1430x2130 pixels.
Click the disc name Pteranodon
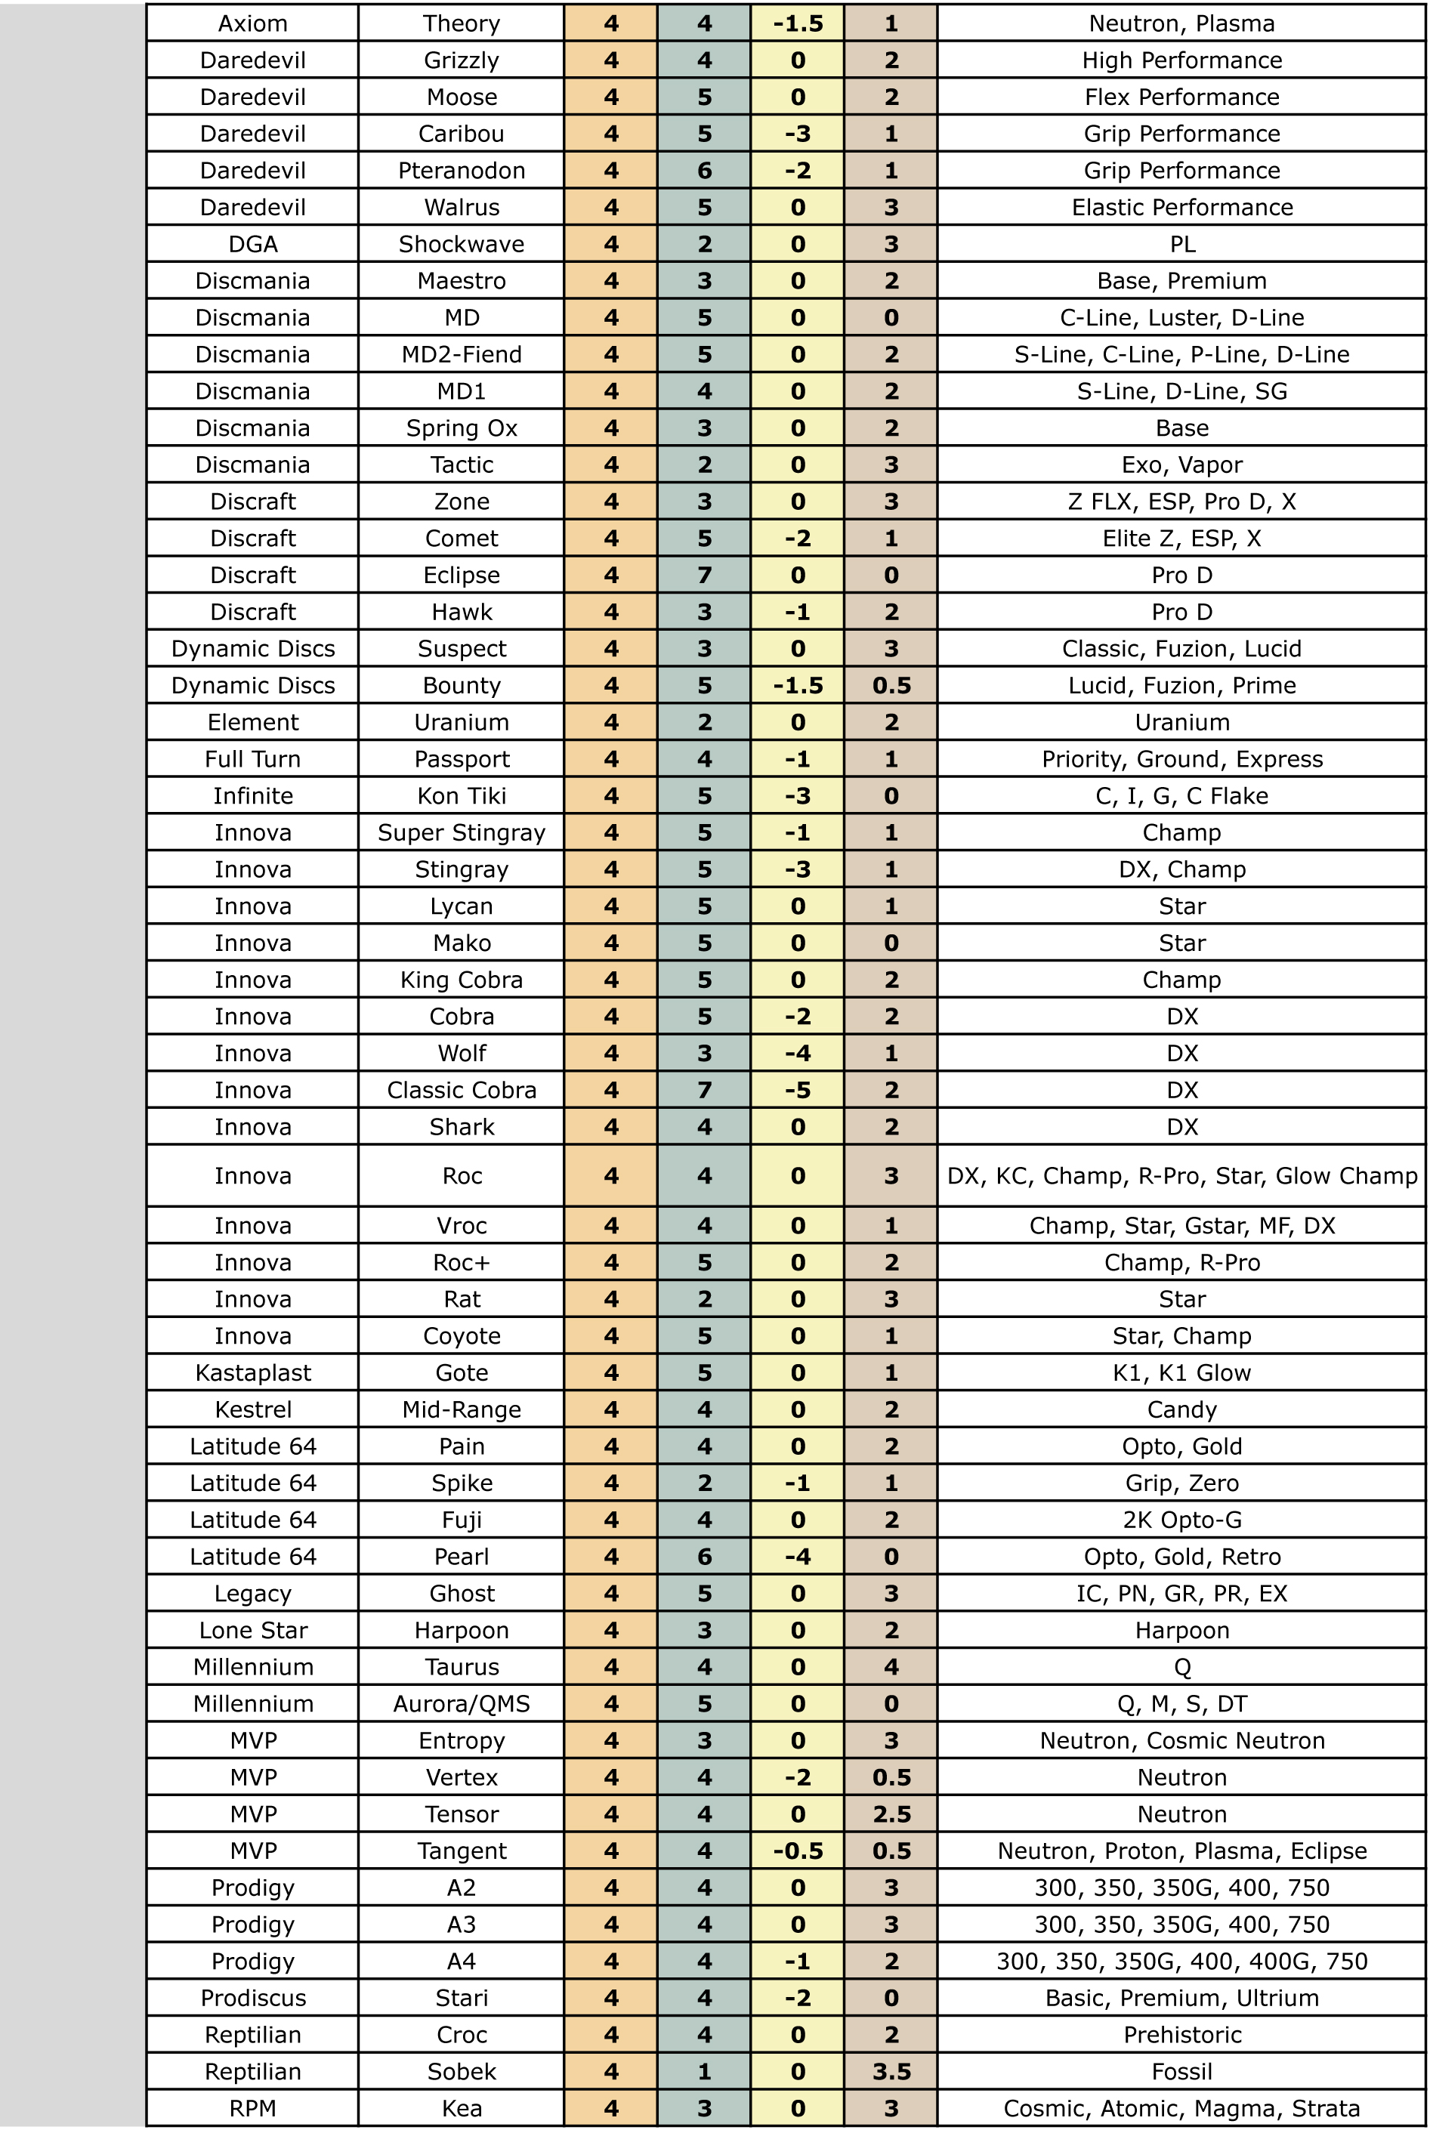(x=462, y=171)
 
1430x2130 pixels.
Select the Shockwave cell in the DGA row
(x=462, y=245)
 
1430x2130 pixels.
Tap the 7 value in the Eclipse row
(x=704, y=576)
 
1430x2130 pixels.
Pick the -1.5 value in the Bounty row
(x=797, y=686)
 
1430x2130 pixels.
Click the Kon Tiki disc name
(x=462, y=796)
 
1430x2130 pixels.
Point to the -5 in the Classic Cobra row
(x=797, y=1091)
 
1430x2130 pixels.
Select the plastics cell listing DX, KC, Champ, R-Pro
(x=1182, y=1176)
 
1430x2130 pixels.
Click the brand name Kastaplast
(x=252, y=1373)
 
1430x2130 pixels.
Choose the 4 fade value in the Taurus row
(x=891, y=1667)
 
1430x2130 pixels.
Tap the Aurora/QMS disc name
(x=462, y=1704)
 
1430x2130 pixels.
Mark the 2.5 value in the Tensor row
(x=891, y=1814)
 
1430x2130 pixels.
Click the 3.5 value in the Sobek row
(x=891, y=2072)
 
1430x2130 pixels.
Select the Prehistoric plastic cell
(x=1182, y=2035)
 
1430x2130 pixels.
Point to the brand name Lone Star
(x=252, y=1630)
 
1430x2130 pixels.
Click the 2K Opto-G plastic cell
(x=1182, y=1520)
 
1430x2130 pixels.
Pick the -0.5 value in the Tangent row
(x=797, y=1851)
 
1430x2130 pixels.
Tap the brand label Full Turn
(x=252, y=760)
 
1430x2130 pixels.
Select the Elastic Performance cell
(x=1182, y=208)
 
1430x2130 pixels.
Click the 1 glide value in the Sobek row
(x=704, y=2072)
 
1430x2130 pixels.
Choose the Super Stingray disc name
(x=462, y=832)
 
